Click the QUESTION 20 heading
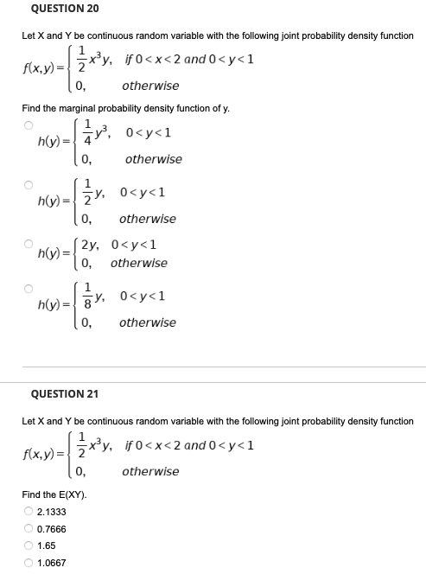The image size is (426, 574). click(65, 9)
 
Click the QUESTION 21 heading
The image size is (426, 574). click(65, 394)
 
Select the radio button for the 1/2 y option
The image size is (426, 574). click(28, 184)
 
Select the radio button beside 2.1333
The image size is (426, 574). click(28, 511)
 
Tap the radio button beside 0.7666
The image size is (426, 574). click(28, 528)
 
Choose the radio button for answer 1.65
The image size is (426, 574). click(28, 545)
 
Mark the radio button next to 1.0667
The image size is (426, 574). click(28, 563)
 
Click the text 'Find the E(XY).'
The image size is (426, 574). click(54, 494)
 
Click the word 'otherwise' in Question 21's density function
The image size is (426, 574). click(150, 472)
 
